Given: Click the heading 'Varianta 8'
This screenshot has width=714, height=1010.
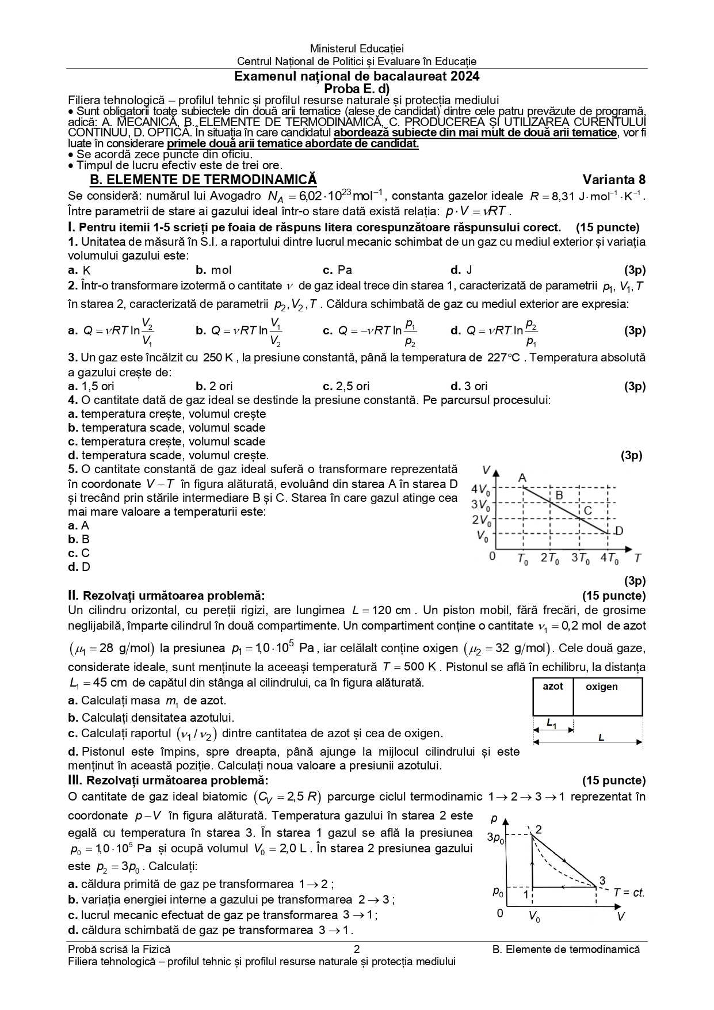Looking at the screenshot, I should (x=614, y=179).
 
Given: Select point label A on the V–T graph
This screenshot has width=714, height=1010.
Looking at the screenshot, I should (x=522, y=478).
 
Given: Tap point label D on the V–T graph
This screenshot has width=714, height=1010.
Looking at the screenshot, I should (x=619, y=531).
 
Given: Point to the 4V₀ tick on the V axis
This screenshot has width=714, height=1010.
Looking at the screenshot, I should (x=481, y=490).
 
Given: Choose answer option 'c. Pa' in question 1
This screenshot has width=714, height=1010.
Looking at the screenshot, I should (x=338, y=270).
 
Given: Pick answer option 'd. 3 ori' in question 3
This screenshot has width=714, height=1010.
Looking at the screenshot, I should (x=469, y=386).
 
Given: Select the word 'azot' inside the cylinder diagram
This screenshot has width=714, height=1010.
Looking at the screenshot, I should (x=553, y=687).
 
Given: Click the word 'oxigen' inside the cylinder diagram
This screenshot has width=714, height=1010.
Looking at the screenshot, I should (x=602, y=687).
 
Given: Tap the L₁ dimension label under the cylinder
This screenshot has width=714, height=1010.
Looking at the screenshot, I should (x=551, y=723).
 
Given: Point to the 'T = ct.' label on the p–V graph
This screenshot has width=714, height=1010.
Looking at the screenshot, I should (x=628, y=893).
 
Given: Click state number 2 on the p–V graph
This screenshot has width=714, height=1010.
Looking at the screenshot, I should (x=539, y=829).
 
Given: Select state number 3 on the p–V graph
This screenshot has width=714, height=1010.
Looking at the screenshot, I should (x=602, y=881).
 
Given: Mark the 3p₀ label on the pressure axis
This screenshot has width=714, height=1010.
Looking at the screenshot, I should (x=495, y=838).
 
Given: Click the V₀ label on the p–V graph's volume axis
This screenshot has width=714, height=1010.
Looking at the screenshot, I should (x=534, y=917).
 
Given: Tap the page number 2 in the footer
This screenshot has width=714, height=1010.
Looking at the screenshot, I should (x=357, y=950).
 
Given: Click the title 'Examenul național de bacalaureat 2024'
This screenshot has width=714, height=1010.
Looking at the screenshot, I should (x=357, y=77).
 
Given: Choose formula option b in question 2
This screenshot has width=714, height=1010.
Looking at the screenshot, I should (x=239, y=331).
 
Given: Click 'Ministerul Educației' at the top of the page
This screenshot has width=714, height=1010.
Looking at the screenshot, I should (x=357, y=49).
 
